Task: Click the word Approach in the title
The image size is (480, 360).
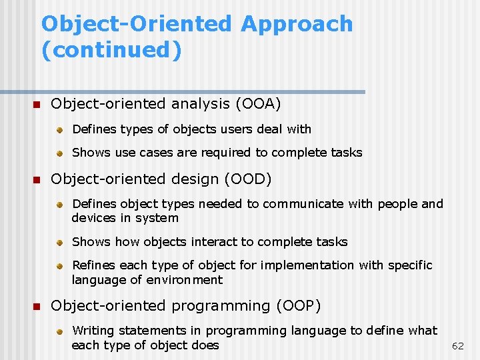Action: (x=297, y=24)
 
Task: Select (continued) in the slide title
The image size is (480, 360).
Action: (x=111, y=50)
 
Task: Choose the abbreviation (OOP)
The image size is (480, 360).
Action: (x=298, y=306)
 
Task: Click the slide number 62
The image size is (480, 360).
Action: (x=458, y=346)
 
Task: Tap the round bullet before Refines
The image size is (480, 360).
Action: (x=59, y=266)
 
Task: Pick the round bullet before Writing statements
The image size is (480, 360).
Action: (x=59, y=331)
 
